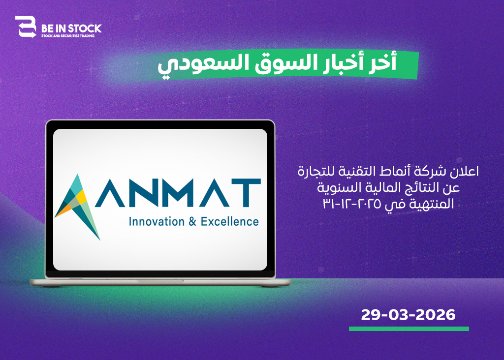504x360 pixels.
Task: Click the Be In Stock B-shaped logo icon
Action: click(x=26, y=27)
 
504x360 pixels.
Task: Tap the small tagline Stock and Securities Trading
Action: click(x=68, y=36)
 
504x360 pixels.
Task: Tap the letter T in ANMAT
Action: click(x=246, y=193)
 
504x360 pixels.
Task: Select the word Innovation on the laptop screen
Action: click(x=157, y=222)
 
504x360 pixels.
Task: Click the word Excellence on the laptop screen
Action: click(x=229, y=222)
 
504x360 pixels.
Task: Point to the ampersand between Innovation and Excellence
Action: click(x=192, y=222)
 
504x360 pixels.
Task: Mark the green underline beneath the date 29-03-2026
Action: click(x=409, y=329)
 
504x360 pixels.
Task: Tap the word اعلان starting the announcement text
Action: click(x=465, y=171)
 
